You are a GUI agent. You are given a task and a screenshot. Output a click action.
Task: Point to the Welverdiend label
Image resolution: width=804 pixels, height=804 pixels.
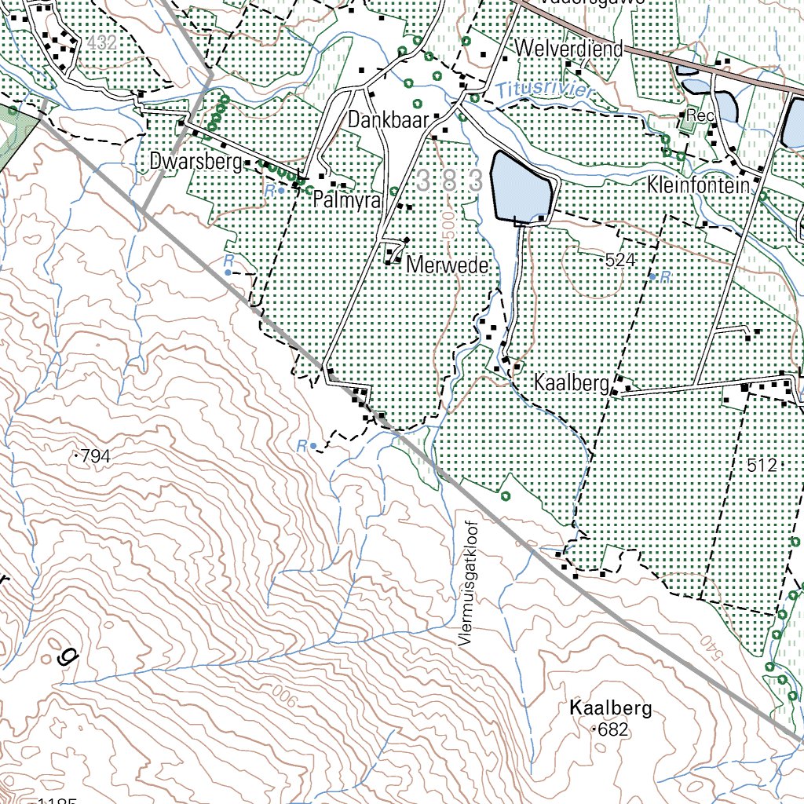tap(569, 49)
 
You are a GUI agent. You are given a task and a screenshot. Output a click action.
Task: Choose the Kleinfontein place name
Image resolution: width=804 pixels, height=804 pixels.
tap(698, 187)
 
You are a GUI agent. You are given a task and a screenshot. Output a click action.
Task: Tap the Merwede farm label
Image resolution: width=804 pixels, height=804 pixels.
tap(448, 266)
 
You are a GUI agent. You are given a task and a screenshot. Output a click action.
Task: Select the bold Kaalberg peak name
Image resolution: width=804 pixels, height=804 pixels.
tap(611, 709)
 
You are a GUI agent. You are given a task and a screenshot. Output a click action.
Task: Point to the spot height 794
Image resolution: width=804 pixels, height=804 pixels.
tap(95, 455)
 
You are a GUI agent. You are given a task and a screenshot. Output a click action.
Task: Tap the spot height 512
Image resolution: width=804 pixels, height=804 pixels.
tap(762, 466)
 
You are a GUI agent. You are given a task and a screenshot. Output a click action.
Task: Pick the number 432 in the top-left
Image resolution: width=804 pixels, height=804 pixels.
tap(103, 44)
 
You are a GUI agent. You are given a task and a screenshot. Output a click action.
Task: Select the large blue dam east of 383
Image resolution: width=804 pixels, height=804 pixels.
tap(522, 187)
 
